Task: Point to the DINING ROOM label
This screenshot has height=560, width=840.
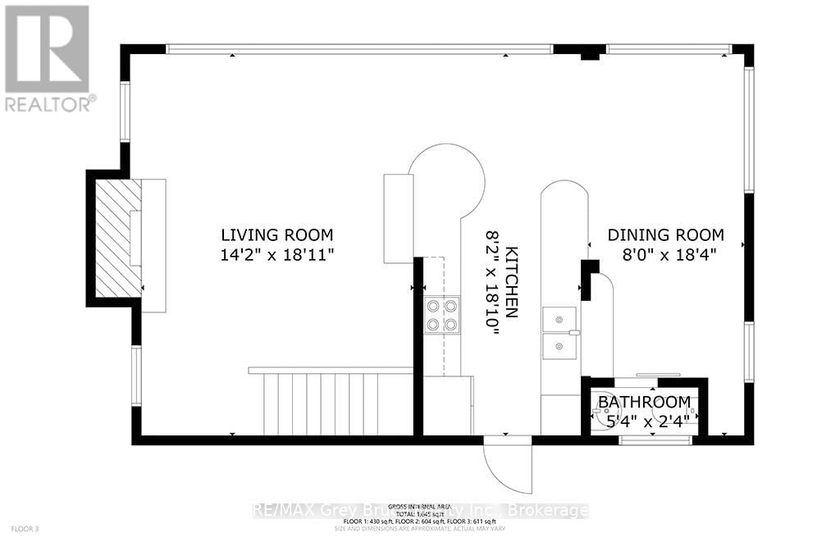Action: coord(665,234)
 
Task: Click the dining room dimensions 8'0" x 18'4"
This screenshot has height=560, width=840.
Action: coord(665,254)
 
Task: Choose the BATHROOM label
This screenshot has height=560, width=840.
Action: coord(643,402)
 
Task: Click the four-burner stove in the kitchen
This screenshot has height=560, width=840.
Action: coord(441,315)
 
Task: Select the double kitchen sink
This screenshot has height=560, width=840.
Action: coord(559,333)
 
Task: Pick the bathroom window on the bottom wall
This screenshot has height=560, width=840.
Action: coord(655,440)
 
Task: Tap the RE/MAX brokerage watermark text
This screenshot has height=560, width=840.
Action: coord(420,511)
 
